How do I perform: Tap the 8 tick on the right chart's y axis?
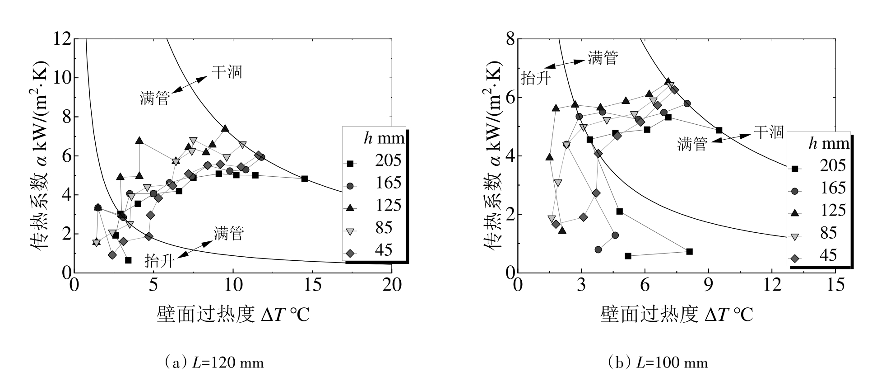click(510, 39)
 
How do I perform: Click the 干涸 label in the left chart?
click(227, 71)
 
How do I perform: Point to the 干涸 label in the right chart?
click(768, 132)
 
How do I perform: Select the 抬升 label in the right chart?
click(536, 78)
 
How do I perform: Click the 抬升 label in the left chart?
click(159, 260)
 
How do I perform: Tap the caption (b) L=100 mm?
click(658, 362)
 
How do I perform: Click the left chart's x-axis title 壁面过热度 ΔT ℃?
click(233, 314)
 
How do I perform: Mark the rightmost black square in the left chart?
click(304, 179)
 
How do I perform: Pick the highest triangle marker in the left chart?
click(225, 129)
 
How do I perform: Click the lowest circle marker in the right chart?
click(598, 249)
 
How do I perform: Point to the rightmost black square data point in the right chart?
click(719, 131)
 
